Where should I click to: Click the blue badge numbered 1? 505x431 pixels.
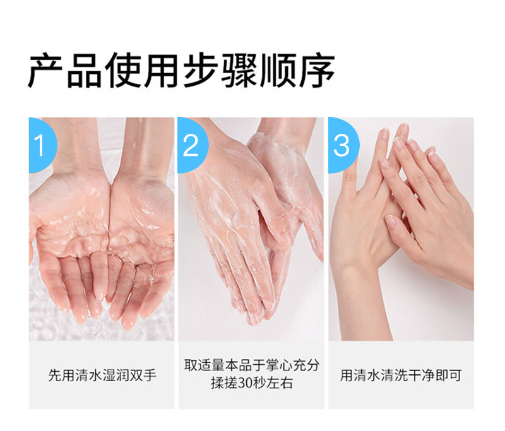42,145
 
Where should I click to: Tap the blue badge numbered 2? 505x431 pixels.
192,145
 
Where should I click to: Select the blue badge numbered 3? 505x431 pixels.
343,145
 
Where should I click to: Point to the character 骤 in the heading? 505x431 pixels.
239,71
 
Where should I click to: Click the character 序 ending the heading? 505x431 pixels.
317,71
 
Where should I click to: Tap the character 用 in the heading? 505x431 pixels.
161,71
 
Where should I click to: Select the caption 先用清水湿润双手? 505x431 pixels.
102,375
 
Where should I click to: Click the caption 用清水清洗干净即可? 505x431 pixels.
401,375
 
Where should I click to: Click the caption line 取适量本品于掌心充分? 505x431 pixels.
251,365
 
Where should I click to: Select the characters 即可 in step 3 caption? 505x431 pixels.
449,375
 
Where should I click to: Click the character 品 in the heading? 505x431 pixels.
84,71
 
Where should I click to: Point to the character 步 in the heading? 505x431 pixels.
200,71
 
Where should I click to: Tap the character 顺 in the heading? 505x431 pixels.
278,71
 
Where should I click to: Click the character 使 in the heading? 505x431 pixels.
122,71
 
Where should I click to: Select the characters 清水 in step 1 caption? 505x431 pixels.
88,375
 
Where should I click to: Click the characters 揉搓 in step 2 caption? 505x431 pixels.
224,383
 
